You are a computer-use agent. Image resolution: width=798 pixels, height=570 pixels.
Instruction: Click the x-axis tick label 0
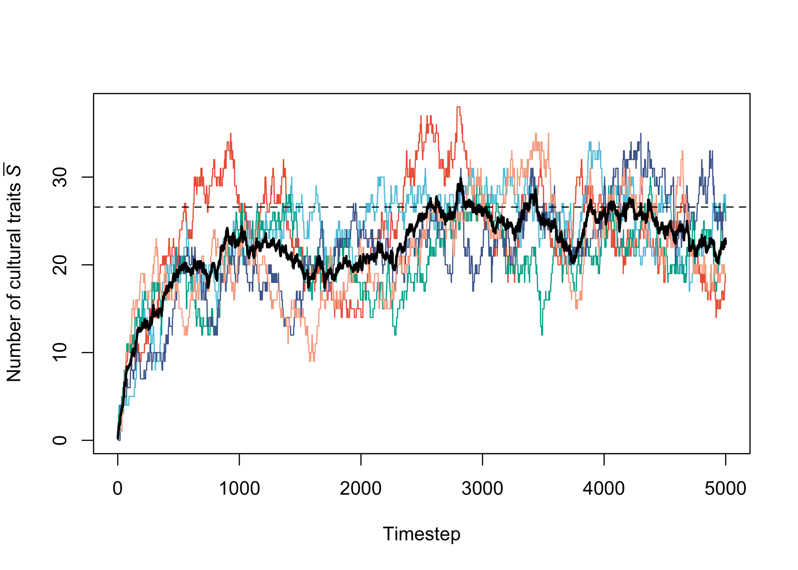tap(117, 489)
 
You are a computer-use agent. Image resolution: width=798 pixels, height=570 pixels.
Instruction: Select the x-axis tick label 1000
tap(239, 489)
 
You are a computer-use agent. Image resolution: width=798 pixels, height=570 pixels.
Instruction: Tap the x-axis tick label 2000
tap(361, 489)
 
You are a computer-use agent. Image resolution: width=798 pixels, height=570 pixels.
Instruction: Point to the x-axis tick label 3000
tap(482, 489)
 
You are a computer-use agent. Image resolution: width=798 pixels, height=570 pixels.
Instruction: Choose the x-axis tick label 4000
tap(604, 489)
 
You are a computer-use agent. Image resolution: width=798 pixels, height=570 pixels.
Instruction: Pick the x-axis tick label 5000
tap(725, 489)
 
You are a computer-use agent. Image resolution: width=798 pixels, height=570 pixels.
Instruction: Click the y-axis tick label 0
tap(60, 440)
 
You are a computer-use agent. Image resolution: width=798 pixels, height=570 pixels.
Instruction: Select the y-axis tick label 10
tap(60, 352)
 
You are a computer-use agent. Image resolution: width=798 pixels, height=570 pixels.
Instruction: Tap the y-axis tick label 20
tap(60, 265)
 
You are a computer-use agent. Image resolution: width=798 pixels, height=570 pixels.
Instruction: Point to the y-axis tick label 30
tap(60, 177)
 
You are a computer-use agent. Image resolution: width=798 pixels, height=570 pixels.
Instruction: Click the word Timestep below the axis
tap(421, 534)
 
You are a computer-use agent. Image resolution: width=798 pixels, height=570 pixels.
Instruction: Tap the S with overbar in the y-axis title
tap(14, 170)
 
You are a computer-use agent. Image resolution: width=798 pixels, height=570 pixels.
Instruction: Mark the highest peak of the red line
tap(459, 107)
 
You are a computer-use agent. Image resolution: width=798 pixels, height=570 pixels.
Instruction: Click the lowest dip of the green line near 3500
tap(542, 334)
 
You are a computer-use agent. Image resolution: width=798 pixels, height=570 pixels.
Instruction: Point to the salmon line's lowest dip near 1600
tap(312, 361)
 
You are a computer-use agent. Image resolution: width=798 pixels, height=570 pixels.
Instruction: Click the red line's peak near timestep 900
tap(231, 134)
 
